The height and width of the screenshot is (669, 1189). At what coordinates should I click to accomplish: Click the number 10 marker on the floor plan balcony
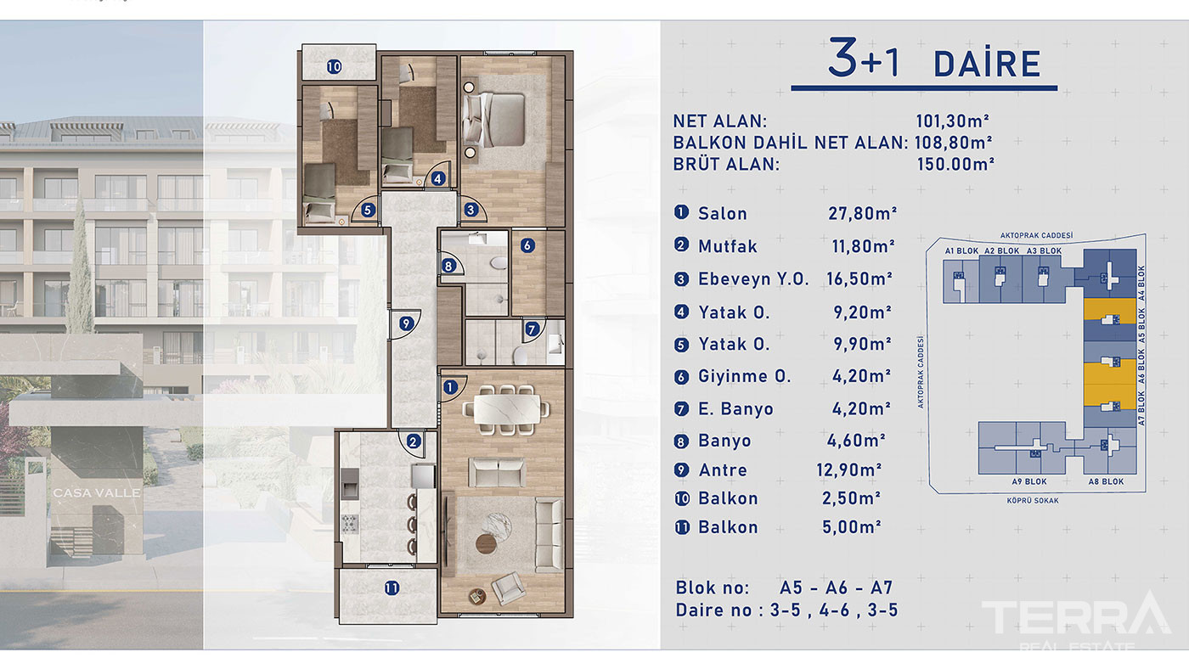[x=334, y=67]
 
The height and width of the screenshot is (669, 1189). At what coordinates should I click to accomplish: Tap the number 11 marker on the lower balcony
[x=392, y=587]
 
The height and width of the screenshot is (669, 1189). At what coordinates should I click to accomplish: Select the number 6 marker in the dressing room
[x=527, y=245]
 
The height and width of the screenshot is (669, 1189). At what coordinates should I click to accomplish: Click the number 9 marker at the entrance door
[x=406, y=323]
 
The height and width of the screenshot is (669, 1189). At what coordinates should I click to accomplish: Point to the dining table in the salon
[x=507, y=409]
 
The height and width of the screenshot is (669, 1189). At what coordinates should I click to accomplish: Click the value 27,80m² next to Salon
[x=863, y=213]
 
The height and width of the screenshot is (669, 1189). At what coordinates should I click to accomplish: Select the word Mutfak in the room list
[x=728, y=246]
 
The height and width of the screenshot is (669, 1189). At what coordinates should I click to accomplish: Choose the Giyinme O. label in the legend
[x=744, y=376]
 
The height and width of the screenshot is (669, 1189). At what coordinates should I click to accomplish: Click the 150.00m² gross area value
[x=955, y=164]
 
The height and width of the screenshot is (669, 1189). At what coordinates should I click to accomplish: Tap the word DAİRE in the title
[x=987, y=65]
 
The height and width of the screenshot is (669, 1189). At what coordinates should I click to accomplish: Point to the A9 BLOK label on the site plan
[x=1028, y=481]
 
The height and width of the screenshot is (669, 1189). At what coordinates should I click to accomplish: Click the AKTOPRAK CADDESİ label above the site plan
[x=1036, y=235]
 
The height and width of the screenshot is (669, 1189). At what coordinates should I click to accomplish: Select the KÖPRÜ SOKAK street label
[x=1033, y=500]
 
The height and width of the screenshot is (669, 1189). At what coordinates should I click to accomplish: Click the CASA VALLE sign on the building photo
[x=97, y=493]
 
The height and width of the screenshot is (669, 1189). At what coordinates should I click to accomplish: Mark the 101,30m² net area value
[x=953, y=121]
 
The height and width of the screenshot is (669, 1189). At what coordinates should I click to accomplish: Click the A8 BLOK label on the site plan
[x=1106, y=481]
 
